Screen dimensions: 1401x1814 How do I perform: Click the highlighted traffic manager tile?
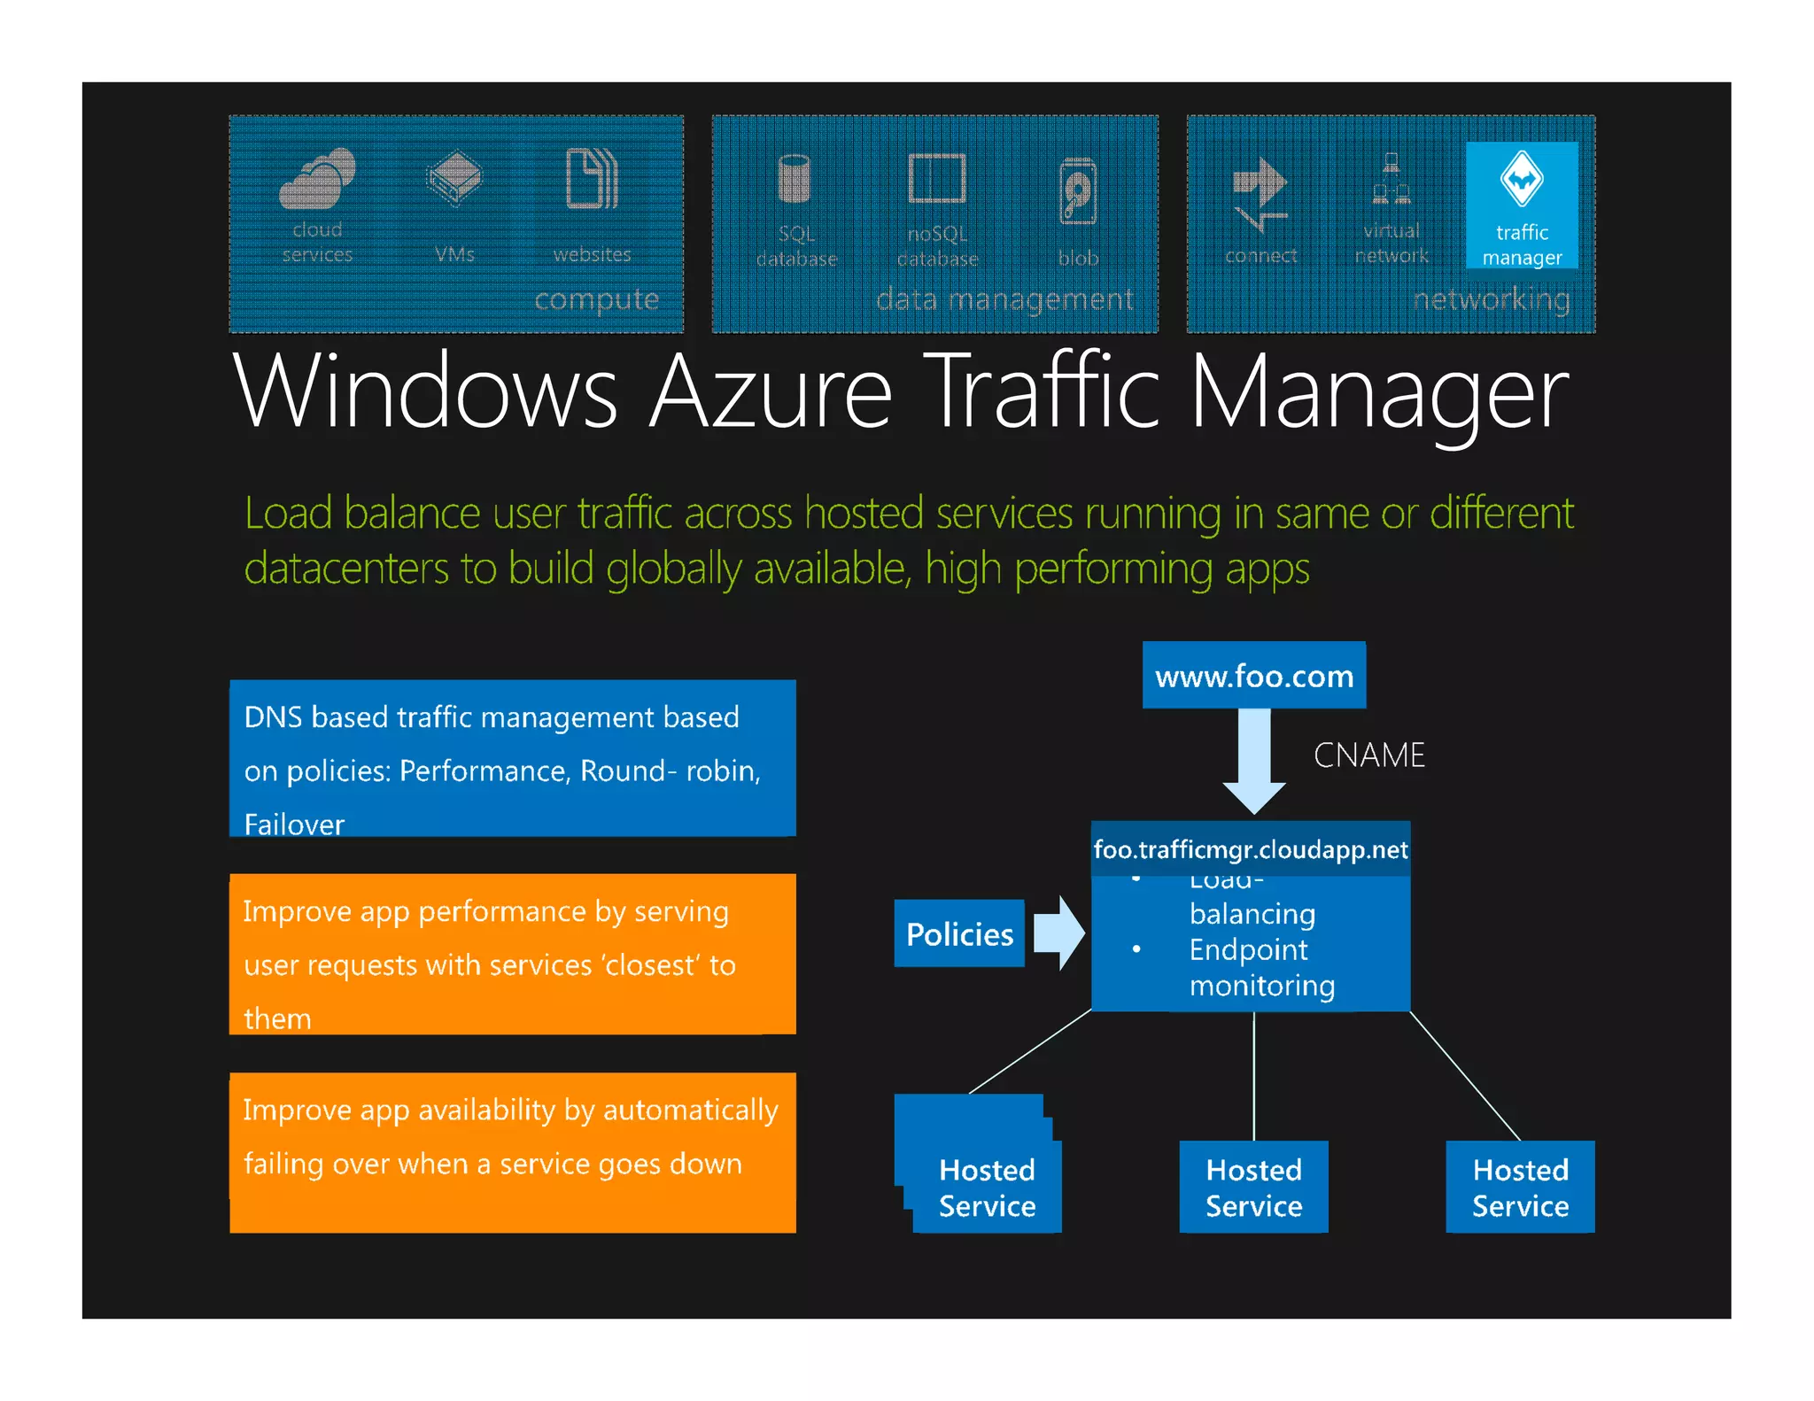[1521, 205]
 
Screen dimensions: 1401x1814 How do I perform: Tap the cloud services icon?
[317, 178]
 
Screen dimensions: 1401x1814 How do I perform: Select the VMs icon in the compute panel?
[454, 178]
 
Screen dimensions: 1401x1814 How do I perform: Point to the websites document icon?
[592, 178]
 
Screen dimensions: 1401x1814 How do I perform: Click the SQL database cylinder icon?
[794, 179]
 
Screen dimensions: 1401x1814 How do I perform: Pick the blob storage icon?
[1078, 191]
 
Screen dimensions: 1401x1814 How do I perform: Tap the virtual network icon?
[1391, 179]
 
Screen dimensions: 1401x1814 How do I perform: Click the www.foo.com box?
[1253, 676]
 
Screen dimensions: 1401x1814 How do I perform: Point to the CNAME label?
[1368, 755]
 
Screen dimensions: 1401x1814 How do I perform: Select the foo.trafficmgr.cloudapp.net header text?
[1250, 850]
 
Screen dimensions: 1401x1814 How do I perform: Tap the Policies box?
[959, 934]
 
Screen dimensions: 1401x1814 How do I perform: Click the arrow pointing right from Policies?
[1059, 933]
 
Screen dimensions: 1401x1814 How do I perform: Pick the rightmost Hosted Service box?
[1520, 1188]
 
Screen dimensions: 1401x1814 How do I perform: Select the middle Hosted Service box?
[1253, 1188]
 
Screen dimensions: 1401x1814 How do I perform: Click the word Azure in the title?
[771, 391]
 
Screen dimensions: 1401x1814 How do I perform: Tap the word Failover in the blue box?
[294, 824]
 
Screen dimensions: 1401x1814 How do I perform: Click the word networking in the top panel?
[1492, 299]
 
